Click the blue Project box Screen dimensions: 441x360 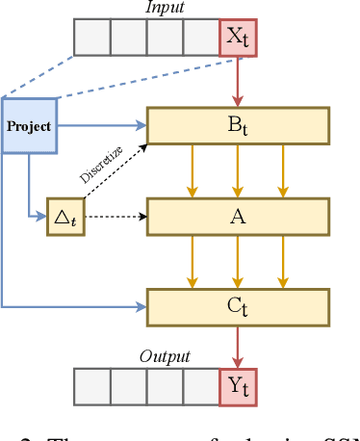pyautogui.click(x=29, y=125)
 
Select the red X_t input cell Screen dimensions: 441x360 pyautogui.click(x=237, y=39)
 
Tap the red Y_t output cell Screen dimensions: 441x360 pyautogui.click(x=237, y=385)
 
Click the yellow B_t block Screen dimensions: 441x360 pyautogui.click(x=237, y=124)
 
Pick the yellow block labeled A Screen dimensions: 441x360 pyautogui.click(x=237, y=216)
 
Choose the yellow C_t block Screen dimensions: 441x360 pyautogui.click(x=237, y=307)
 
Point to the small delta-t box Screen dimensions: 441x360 pyautogui.click(x=64, y=217)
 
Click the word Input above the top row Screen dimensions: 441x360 pyautogui.click(x=165, y=9)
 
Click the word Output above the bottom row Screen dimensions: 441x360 pyautogui.click(x=165, y=356)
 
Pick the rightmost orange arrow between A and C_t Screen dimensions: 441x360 pyautogui.click(x=281, y=261)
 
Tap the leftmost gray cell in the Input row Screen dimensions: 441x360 pyautogui.click(x=91, y=39)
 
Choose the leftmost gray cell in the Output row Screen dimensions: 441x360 pyautogui.click(x=91, y=385)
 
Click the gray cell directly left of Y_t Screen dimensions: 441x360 pyautogui.click(x=200, y=385)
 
